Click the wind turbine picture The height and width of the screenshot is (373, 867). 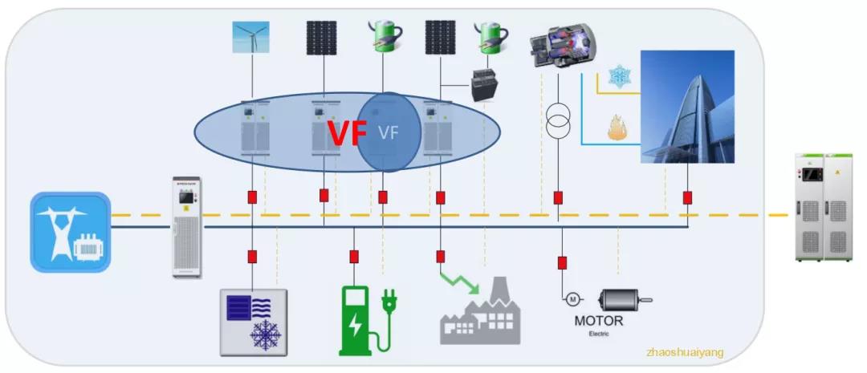tap(250, 37)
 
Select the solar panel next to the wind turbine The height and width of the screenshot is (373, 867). tap(321, 37)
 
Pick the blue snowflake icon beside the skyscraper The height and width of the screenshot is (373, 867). tap(619, 77)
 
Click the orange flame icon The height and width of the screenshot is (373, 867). tap(618, 128)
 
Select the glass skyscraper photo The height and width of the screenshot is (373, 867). tap(686, 106)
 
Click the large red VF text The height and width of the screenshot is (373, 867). tap(347, 134)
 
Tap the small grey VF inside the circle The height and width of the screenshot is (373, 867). tap(389, 133)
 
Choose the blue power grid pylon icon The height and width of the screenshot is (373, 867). tap(70, 232)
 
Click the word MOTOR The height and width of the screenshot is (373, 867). tap(598, 322)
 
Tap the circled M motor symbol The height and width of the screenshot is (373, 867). tap(572, 299)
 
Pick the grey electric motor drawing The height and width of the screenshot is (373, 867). tap(625, 301)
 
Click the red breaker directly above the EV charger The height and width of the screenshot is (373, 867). tap(354, 257)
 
